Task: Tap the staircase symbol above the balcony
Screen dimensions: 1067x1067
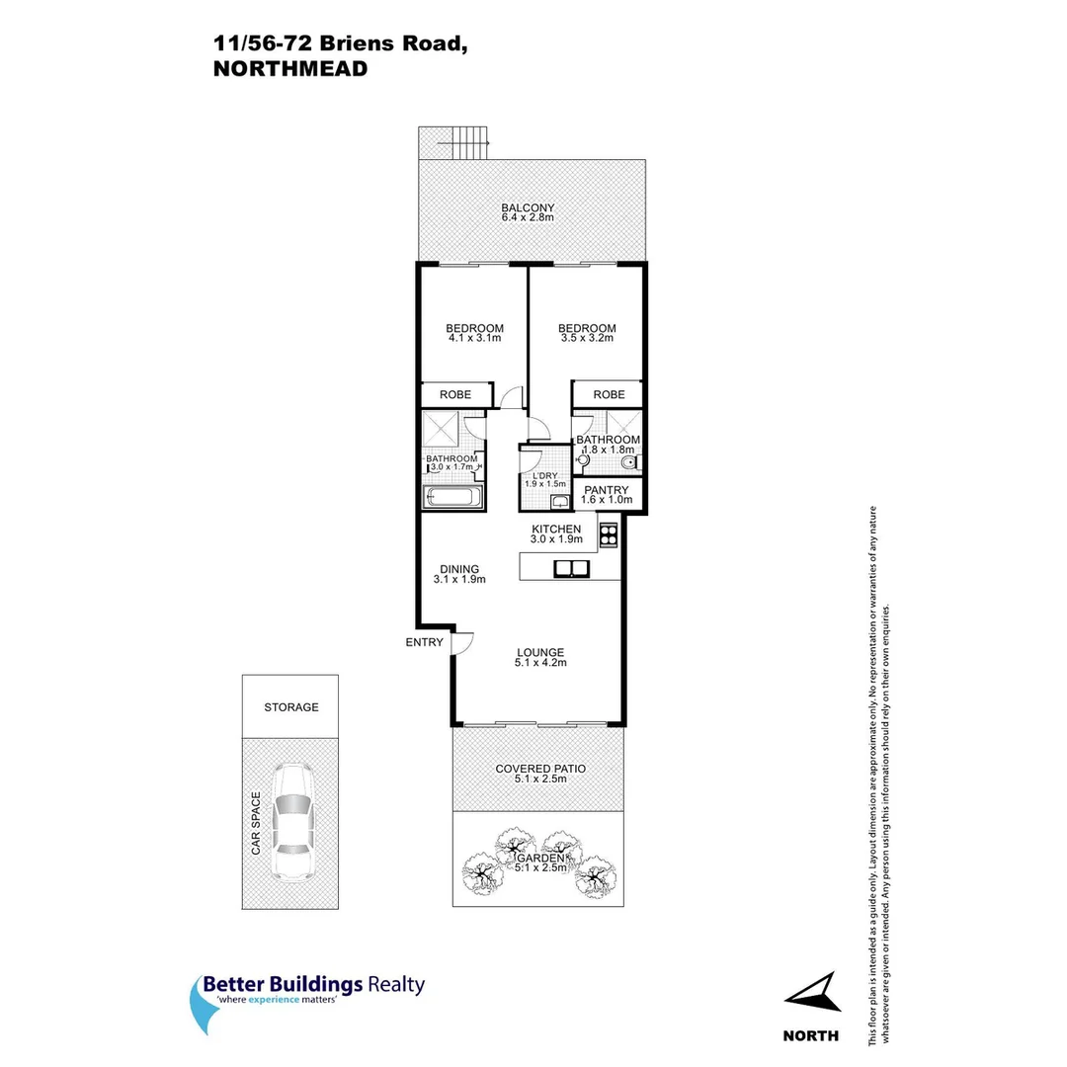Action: pos(463,144)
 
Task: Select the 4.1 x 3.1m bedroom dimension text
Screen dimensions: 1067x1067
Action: pos(474,339)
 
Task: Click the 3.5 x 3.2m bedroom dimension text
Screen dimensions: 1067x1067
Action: pos(587,339)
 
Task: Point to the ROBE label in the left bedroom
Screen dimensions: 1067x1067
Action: pos(455,395)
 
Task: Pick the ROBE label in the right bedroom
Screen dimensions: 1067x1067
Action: pos(609,395)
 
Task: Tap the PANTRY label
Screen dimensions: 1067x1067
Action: pos(607,490)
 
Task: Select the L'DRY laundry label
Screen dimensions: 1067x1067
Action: pos(544,475)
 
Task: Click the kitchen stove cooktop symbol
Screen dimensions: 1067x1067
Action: pos(608,533)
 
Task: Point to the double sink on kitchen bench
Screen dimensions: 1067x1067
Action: pos(571,567)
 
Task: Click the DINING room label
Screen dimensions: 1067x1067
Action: pos(459,569)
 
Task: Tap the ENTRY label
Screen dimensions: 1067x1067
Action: pos(425,643)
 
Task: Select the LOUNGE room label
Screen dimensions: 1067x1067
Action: pos(540,652)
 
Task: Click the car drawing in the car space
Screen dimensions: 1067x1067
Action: pos(291,822)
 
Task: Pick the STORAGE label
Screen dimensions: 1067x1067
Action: pos(291,707)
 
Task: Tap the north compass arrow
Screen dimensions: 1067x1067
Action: pos(815,992)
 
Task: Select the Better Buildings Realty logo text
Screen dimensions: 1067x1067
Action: pos(313,985)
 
